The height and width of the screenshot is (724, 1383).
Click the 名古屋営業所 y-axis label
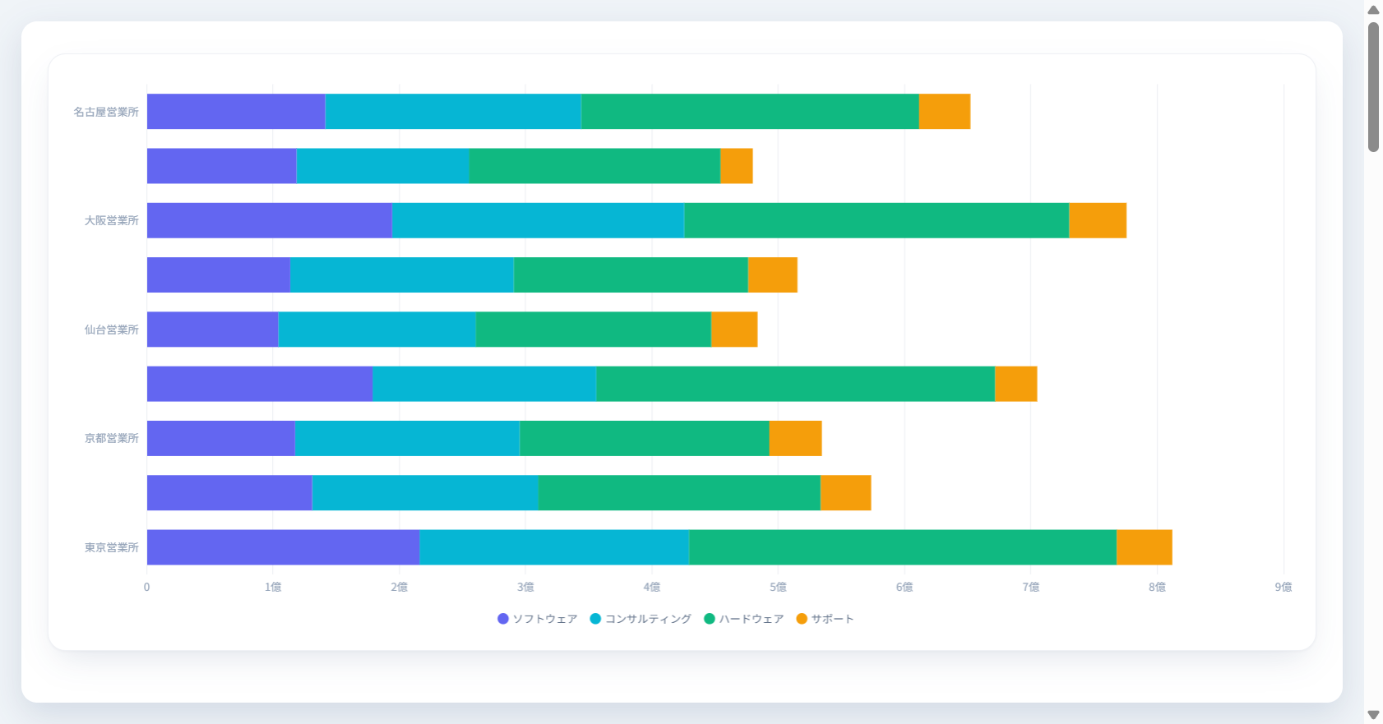pyautogui.click(x=105, y=112)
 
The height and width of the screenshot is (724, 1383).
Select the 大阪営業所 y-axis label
pyautogui.click(x=111, y=220)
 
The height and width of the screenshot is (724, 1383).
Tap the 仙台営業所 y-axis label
pyautogui.click(x=111, y=330)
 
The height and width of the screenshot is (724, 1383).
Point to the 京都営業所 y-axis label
pyautogui.click(x=111, y=438)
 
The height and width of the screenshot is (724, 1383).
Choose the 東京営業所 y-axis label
pyautogui.click(x=111, y=547)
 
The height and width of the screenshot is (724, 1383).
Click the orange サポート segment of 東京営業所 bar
pyautogui.click(x=1144, y=547)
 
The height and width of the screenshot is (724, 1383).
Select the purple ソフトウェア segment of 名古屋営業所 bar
pyautogui.click(x=236, y=112)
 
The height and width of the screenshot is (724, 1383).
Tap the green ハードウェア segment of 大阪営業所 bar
pyautogui.click(x=877, y=220)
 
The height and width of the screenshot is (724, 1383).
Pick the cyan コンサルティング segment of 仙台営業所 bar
pyautogui.click(x=377, y=330)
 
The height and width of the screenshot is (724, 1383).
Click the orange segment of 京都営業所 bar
pyautogui.click(x=795, y=438)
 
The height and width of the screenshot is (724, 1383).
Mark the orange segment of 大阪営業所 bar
pyautogui.click(x=1098, y=220)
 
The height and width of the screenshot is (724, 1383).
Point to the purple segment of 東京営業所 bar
pyautogui.click(x=284, y=547)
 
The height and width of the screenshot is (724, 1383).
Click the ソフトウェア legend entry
pyautogui.click(x=537, y=619)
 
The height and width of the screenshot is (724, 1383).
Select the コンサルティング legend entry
pyautogui.click(x=641, y=619)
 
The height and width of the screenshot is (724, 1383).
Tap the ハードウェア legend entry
pyautogui.click(x=743, y=619)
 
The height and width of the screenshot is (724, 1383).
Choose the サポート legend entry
pyautogui.click(x=825, y=619)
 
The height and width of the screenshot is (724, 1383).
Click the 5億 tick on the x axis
pyautogui.click(x=778, y=587)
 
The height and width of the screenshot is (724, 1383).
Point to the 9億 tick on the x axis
pyautogui.click(x=1284, y=587)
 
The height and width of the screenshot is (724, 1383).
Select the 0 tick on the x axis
pyautogui.click(x=147, y=587)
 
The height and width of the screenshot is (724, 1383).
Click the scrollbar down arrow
pyautogui.click(x=1373, y=715)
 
